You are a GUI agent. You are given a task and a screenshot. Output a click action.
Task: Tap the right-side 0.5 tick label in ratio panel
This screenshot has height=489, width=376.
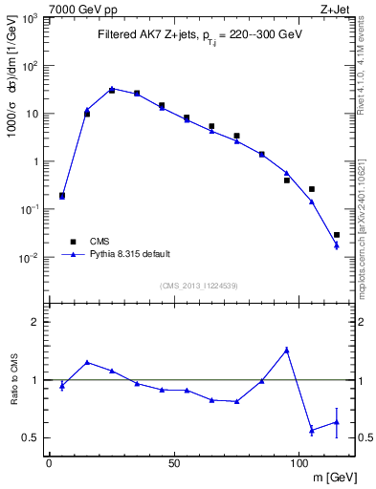coord(365,437)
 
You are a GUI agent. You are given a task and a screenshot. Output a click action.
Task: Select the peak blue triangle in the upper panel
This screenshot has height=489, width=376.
coord(112,89)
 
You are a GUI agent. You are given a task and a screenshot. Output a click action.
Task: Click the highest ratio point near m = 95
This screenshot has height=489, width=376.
coord(287,350)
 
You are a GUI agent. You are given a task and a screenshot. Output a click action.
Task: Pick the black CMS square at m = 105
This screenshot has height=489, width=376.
coord(312,189)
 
